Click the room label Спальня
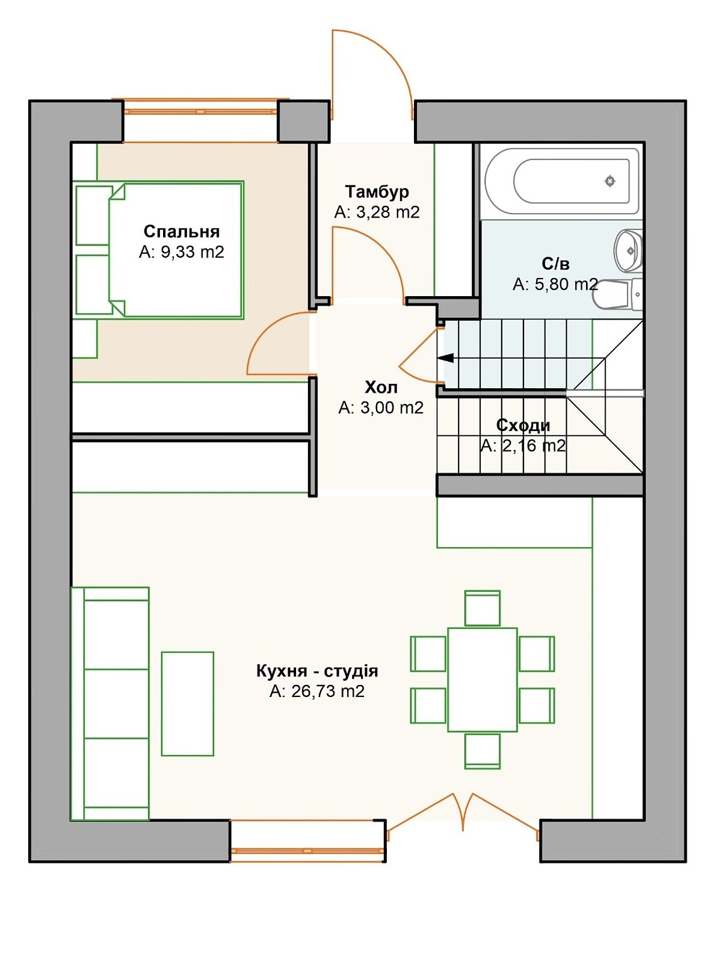(182, 231)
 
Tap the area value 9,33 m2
(193, 252)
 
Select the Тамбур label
(377, 192)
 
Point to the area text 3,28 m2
(388, 212)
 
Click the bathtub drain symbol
(609, 181)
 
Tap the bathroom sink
(628, 250)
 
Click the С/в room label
(555, 264)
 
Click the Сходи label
(523, 425)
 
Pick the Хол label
(381, 388)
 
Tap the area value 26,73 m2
(328, 692)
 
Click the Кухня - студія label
(317, 671)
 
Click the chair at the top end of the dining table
(482, 608)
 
